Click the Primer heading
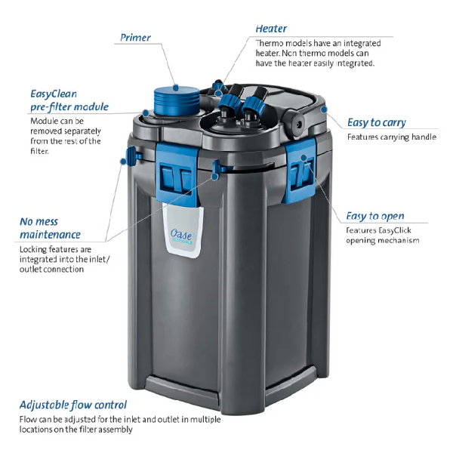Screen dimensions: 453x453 point(135,38)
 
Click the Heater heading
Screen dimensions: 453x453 point(271,29)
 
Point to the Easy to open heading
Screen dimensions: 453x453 point(374,216)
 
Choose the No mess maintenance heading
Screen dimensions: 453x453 point(50,228)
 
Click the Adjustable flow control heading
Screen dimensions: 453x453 point(74,405)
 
